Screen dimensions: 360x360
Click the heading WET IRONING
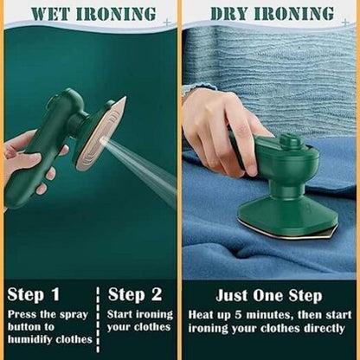88,15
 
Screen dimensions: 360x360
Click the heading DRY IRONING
272,15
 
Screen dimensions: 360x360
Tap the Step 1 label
35,294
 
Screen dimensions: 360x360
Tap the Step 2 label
135,294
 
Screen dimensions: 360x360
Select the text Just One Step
271,294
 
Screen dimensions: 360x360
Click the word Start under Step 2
125,314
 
